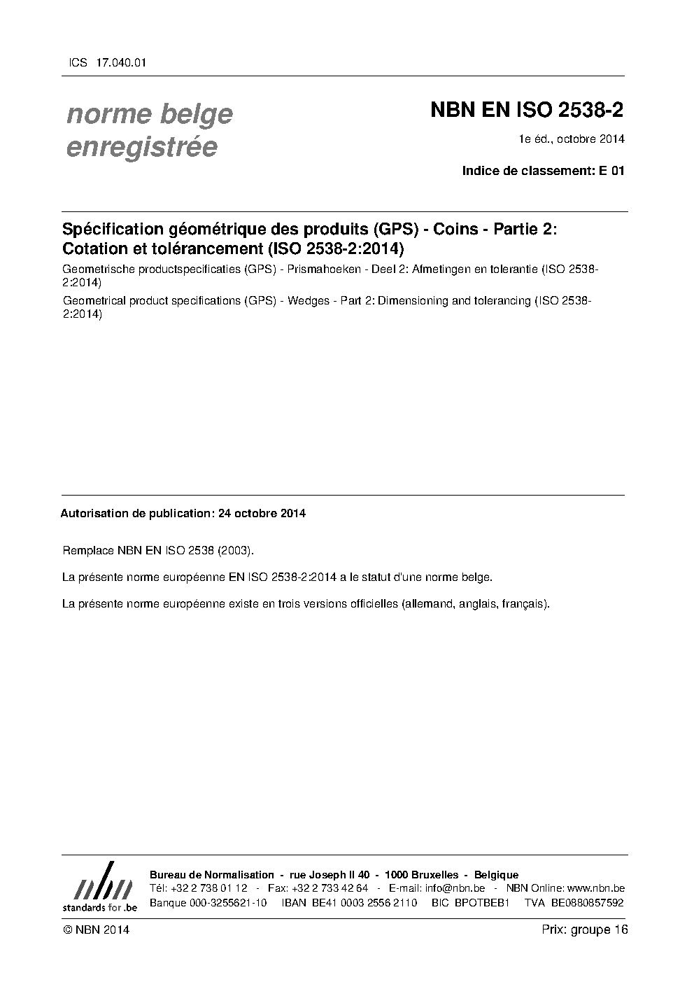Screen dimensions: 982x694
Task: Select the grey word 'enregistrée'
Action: coord(141,148)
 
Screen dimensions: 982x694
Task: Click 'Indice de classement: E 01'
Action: coord(543,171)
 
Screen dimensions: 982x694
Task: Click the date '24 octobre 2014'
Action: coord(262,513)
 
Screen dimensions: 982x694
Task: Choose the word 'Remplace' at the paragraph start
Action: coord(87,550)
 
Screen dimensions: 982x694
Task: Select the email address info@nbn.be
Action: coord(455,888)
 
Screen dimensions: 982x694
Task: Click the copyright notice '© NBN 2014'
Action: coord(96,930)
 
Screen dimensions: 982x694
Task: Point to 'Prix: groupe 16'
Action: coord(584,930)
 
